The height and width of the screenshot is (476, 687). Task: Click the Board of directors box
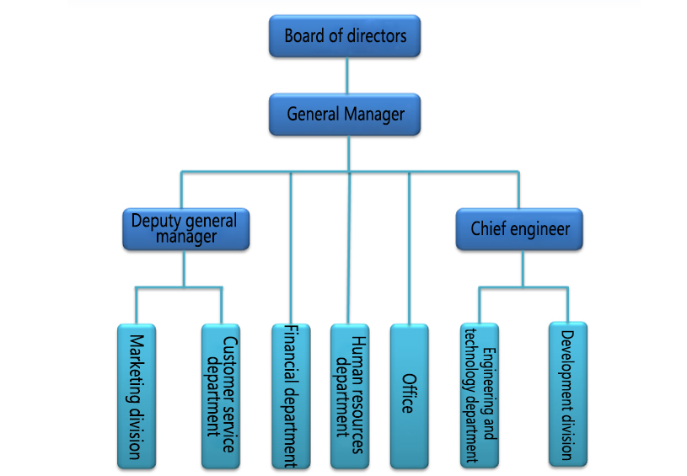pyautogui.click(x=345, y=37)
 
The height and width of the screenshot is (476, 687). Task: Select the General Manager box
pyautogui.click(x=346, y=115)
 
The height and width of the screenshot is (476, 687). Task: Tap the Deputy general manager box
pyautogui.click(x=185, y=229)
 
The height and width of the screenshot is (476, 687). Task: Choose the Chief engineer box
pyautogui.click(x=520, y=229)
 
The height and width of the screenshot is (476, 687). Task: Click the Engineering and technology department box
pyautogui.click(x=480, y=394)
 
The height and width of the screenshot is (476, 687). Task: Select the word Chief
pyautogui.click(x=490, y=228)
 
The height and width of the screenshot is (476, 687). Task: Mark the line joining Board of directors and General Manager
pyautogui.click(x=346, y=75)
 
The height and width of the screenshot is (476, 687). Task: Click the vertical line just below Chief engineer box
pyautogui.click(x=523, y=268)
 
